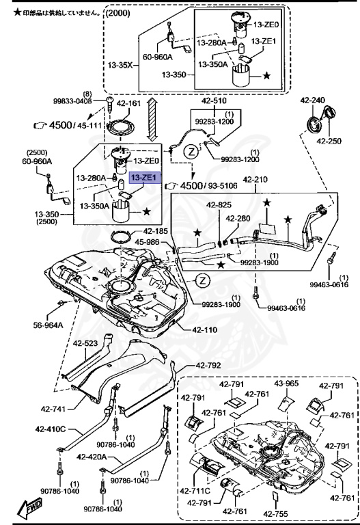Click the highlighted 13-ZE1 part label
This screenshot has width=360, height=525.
(144, 178)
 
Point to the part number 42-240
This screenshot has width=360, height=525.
(313, 100)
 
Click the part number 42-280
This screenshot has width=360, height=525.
(239, 218)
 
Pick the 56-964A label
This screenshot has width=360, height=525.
(47, 325)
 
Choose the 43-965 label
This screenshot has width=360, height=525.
(288, 383)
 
